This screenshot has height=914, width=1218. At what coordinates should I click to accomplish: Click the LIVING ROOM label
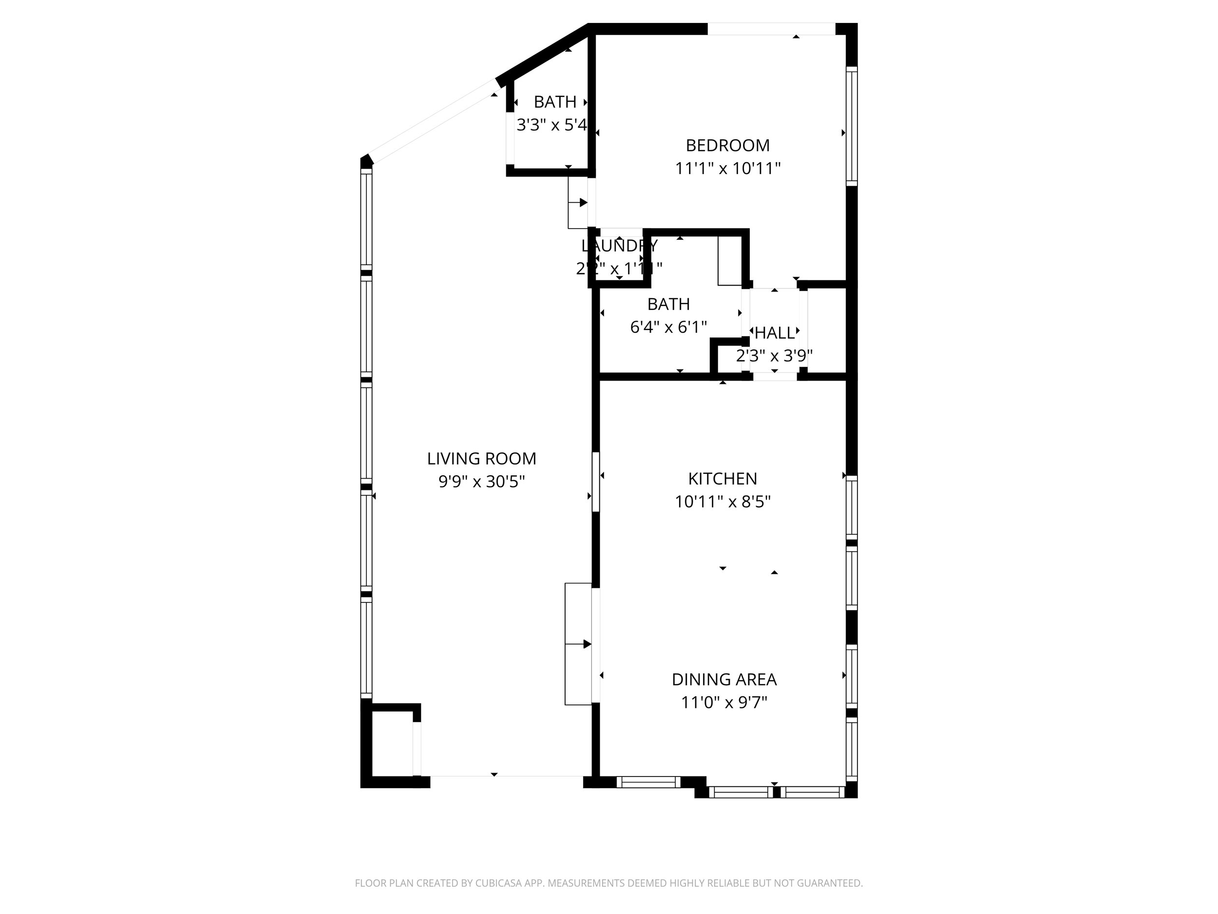click(481, 458)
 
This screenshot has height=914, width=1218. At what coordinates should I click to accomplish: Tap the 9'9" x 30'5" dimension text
click(481, 482)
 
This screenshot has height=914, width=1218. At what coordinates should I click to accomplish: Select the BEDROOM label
click(727, 145)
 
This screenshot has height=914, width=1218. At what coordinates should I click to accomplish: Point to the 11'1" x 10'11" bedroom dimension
click(727, 169)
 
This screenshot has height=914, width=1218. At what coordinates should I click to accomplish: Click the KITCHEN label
click(723, 479)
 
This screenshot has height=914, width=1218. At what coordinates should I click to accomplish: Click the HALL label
click(774, 333)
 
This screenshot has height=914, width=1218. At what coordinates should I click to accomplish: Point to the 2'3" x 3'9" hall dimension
click(774, 356)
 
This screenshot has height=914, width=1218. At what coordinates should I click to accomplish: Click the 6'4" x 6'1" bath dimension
click(668, 327)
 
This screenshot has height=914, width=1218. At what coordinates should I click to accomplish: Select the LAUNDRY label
click(619, 246)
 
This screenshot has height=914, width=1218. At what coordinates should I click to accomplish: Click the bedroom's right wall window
click(851, 126)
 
